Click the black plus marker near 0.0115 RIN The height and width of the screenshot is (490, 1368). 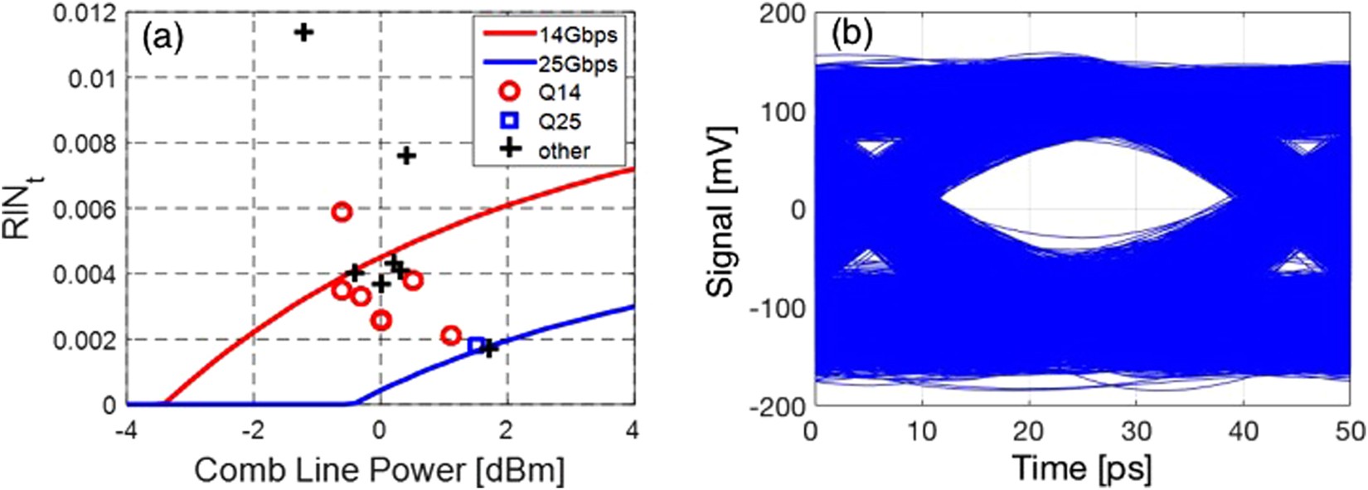coord(304,32)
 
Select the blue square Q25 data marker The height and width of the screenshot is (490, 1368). coord(476,345)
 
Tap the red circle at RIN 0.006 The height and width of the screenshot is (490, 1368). coord(342,212)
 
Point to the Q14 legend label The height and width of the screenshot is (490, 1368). coord(560,92)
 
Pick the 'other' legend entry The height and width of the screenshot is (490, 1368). coord(564,151)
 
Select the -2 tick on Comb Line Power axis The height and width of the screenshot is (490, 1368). coord(253,431)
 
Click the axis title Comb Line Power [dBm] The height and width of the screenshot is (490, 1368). coord(379,470)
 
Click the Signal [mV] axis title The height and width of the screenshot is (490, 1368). coord(723,211)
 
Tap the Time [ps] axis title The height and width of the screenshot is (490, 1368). coord(1081,470)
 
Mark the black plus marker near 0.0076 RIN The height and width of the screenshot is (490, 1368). coord(406,155)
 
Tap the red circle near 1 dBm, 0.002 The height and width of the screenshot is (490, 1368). coord(451,336)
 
